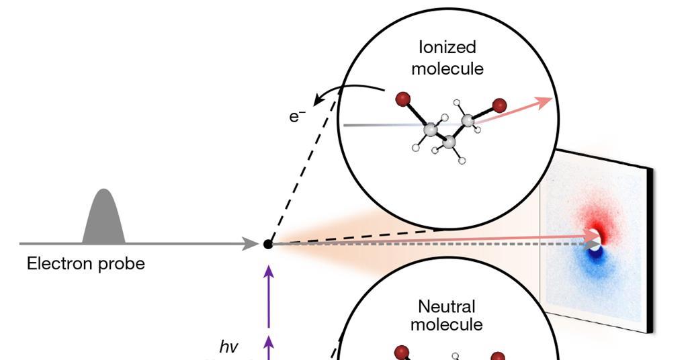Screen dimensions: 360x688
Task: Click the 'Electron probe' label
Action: (85, 264)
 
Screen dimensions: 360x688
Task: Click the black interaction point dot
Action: (267, 244)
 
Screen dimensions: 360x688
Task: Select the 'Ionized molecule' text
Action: (447, 58)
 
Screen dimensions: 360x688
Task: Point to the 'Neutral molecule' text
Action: (447, 316)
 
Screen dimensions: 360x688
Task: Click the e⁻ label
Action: (297, 116)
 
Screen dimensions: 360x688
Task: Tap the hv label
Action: (229, 347)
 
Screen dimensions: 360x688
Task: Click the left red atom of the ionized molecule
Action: (402, 99)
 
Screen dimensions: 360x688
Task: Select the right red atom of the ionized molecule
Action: (499, 105)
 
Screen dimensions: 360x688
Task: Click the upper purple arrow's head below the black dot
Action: (269, 271)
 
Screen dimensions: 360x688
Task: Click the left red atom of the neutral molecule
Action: (402, 352)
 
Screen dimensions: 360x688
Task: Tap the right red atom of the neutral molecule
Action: (498, 357)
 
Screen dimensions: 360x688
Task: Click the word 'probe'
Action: (122, 264)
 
